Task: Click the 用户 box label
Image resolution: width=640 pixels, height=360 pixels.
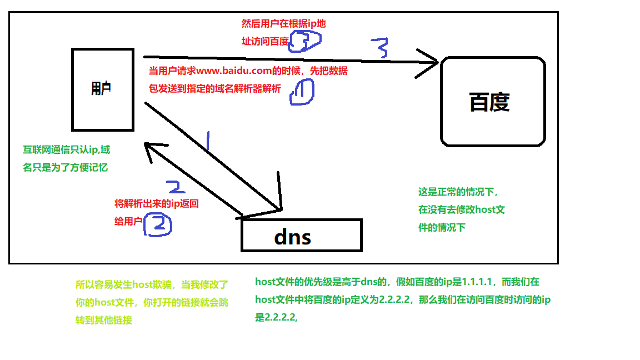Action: point(101,89)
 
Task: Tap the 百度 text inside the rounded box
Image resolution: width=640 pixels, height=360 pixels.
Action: point(489,102)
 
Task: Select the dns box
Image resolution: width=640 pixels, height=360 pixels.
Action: point(301,236)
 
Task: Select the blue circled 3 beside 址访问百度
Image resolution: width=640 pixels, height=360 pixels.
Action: point(304,40)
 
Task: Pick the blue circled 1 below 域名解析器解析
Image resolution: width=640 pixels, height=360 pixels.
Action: point(301,92)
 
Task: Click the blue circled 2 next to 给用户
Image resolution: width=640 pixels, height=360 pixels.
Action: point(158,224)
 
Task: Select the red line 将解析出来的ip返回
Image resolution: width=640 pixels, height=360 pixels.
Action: point(156,204)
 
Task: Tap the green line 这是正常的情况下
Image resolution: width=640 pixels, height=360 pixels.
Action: point(458,192)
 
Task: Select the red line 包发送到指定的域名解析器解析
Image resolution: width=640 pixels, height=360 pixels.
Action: point(215,89)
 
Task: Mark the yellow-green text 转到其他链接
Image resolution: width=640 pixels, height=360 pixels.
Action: point(104,320)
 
